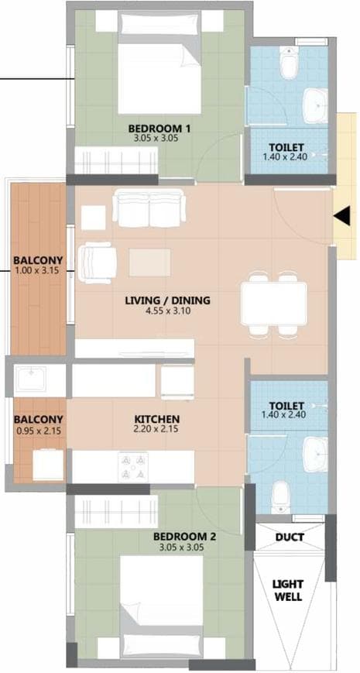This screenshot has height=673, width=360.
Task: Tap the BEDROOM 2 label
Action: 180,536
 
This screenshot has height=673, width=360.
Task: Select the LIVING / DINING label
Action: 167,300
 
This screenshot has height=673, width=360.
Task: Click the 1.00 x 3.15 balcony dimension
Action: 38,271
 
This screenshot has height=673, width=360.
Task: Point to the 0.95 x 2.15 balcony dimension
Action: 38,431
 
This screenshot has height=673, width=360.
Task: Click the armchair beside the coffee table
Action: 99,261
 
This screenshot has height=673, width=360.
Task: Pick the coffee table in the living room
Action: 149,262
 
